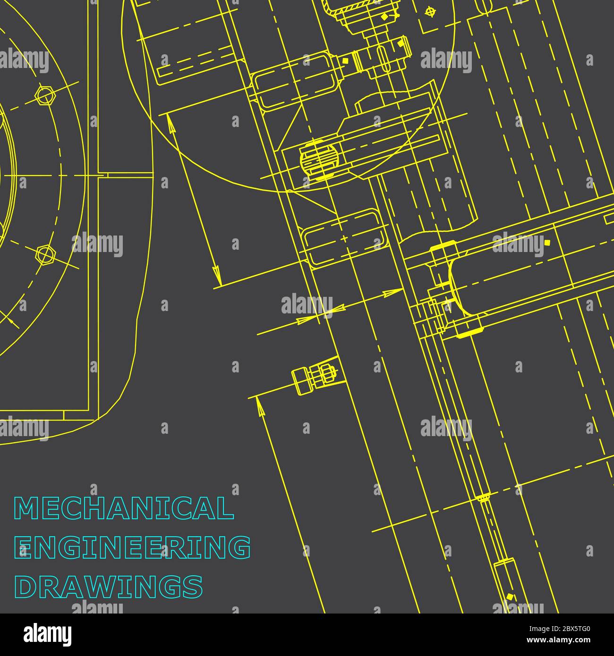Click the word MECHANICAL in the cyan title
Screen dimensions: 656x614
[124, 508]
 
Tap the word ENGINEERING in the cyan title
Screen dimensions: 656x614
[133, 547]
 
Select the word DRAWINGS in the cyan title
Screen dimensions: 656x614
[109, 586]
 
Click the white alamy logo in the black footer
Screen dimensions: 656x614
[47, 634]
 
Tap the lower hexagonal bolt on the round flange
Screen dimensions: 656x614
[45, 255]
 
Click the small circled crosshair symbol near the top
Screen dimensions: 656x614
[429, 11]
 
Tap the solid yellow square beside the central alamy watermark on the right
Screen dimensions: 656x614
[547, 243]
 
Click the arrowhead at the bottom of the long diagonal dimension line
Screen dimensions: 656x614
[216, 275]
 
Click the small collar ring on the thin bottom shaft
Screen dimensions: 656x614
[484, 497]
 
